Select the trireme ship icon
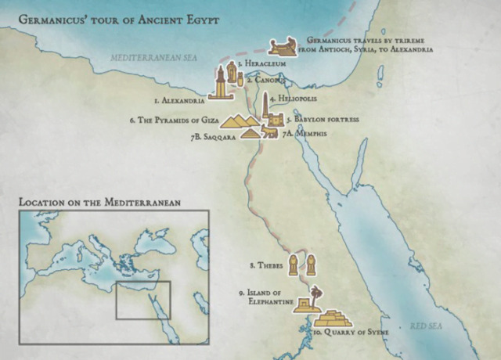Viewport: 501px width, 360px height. pos(282,47)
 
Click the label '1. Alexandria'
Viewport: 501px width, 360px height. pos(179,101)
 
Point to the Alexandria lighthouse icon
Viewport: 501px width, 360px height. pos(220,83)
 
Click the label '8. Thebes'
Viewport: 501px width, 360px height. pos(266,266)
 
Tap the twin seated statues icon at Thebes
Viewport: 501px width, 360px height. pos(303,266)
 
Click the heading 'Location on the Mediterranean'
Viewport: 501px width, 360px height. pos(100,202)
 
